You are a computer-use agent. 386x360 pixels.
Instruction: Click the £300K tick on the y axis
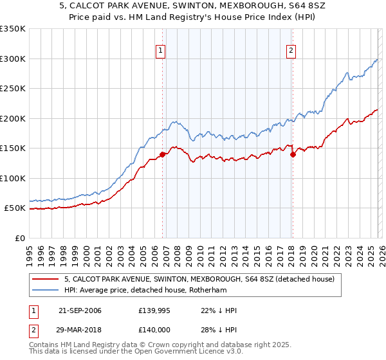pyautogui.click(x=13, y=59)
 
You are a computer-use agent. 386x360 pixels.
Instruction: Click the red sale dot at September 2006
pyautogui.click(x=162, y=154)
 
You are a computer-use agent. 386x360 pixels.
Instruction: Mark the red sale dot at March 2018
pyautogui.click(x=293, y=154)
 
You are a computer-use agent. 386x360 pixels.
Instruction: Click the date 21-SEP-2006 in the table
pyautogui.click(x=79, y=310)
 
